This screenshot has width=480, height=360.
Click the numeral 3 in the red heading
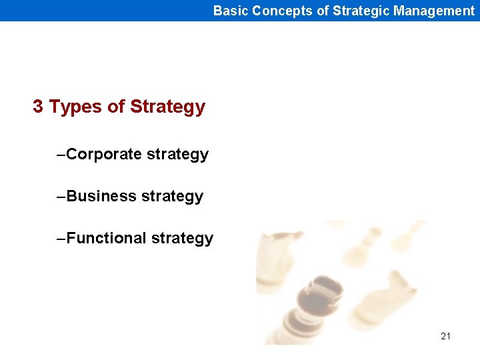[38, 107]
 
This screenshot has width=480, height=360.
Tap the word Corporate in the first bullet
[104, 155]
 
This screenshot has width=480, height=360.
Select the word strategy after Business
[172, 197]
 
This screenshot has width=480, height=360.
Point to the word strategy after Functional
[182, 239]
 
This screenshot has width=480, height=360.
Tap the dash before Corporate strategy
[61, 155]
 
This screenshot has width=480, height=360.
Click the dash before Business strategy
[61, 196]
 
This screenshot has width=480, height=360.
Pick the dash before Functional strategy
[61, 238]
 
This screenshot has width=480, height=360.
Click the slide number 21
[445, 336]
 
